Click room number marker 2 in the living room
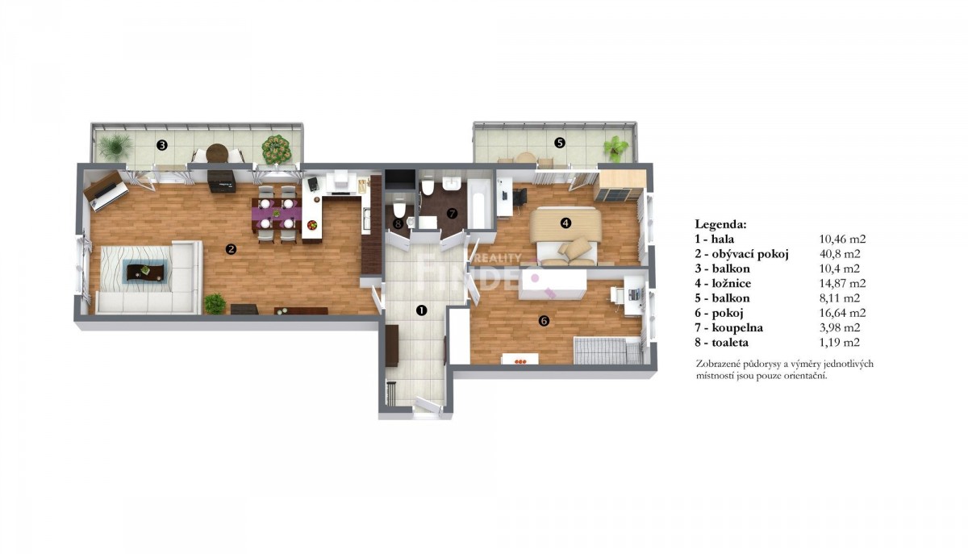click(232, 249)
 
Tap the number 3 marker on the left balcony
click(161, 145)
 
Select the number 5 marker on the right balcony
click(560, 143)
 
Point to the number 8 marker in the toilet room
click(398, 224)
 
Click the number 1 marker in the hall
click(421, 310)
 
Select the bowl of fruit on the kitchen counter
click(312, 225)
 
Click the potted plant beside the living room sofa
click(215, 303)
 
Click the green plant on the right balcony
click(615, 148)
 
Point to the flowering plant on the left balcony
click(276, 149)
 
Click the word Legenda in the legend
click(720, 224)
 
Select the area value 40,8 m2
click(840, 254)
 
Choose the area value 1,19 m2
click(840, 343)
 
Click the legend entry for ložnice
click(723, 284)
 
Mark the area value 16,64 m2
click(843, 313)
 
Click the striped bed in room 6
click(607, 351)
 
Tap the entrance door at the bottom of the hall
click(428, 406)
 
